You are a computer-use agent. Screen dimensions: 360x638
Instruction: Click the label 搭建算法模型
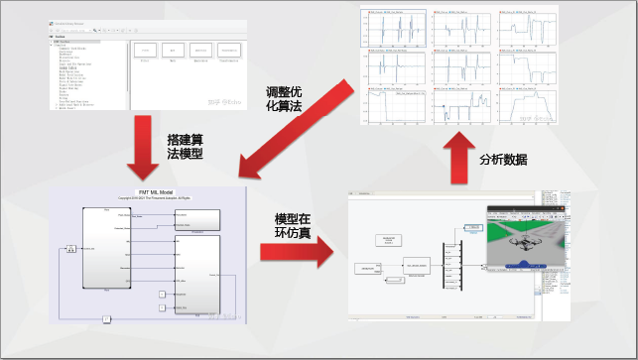(185, 148)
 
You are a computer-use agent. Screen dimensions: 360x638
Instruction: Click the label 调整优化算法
(289, 100)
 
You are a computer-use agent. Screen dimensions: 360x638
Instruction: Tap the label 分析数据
(503, 159)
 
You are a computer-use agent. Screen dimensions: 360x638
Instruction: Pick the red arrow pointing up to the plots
(458, 159)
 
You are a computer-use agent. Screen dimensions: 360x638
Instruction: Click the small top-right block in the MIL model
(196, 219)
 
